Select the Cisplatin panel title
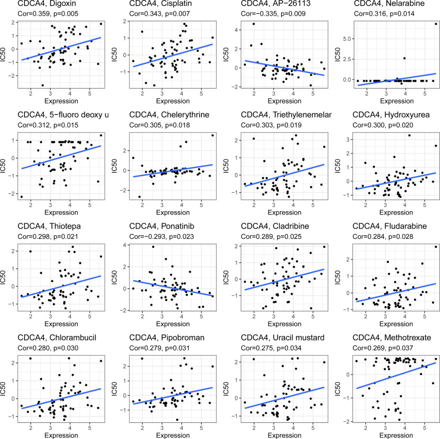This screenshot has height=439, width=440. (146, 4)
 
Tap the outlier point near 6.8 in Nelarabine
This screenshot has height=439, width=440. (435, 24)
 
